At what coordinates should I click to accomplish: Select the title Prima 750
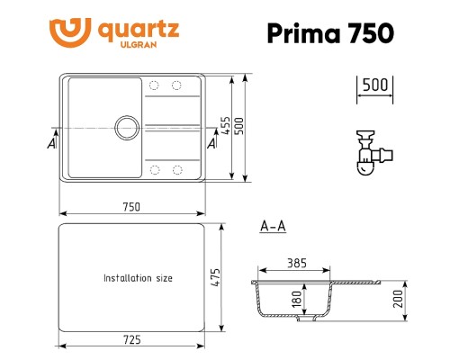pos(330,32)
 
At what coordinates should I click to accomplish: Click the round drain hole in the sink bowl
pos(126,124)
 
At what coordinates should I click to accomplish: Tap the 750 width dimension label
pos(131,206)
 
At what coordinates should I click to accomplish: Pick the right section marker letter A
pos(212,143)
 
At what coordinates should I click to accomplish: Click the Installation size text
pos(138,278)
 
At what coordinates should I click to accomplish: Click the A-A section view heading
pos(272,227)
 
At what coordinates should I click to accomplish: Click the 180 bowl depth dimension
pos(297,299)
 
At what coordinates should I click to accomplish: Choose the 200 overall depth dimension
pos(398,298)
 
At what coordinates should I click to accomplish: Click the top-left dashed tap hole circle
pos(153,85)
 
